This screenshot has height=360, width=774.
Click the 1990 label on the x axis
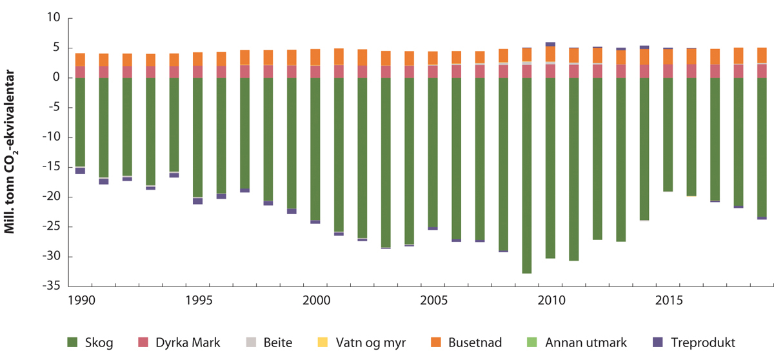[x=81, y=301]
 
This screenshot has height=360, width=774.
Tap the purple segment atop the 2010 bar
[x=550, y=44]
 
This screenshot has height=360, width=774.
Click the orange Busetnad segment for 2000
[x=315, y=57]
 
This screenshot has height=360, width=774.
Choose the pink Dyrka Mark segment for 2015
[x=668, y=71]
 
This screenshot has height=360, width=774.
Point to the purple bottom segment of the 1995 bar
[x=198, y=201]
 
